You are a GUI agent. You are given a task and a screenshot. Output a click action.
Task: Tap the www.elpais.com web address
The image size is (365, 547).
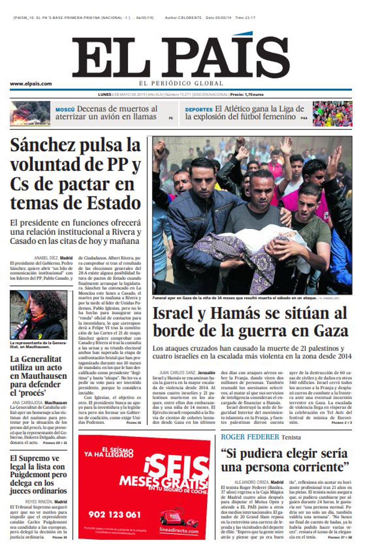(31, 84)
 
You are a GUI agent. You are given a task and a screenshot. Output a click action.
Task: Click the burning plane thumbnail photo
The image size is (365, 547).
(30, 114)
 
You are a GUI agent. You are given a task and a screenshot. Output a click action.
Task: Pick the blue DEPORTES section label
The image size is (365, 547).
(199, 110)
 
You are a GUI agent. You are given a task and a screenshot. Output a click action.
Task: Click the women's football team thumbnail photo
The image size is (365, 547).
(332, 114)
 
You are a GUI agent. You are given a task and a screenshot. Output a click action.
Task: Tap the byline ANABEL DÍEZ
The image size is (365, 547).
(46, 258)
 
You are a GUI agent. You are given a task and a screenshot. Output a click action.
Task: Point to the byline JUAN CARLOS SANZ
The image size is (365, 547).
(177, 372)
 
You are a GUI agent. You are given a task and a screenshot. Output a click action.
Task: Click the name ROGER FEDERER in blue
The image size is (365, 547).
(250, 437)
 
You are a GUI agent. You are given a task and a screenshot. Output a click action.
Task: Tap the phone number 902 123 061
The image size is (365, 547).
(115, 515)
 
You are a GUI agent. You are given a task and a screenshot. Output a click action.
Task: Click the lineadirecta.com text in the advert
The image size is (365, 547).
(179, 531)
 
